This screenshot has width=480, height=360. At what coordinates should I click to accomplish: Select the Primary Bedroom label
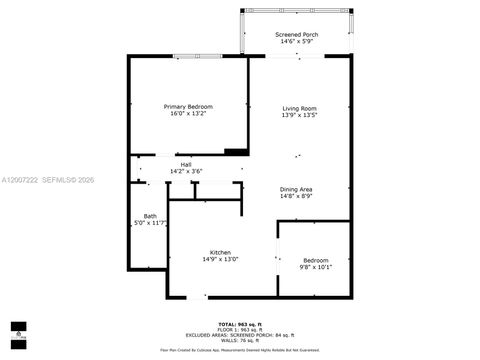tap(188, 106)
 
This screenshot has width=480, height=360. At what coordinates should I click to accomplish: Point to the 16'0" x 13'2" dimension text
tap(188, 114)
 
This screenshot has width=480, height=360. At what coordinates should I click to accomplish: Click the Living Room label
tap(299, 107)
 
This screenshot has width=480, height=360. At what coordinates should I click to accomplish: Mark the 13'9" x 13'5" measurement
tap(299, 115)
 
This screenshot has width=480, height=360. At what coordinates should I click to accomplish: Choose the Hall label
tap(185, 164)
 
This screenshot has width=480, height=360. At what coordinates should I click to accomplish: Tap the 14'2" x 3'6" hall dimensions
tap(185, 172)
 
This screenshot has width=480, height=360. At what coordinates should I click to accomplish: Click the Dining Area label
tap(296, 188)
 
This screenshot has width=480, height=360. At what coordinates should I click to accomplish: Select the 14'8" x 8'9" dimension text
tap(296, 196)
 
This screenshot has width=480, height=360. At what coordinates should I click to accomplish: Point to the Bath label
tap(149, 216)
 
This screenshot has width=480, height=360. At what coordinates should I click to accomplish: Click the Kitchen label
tap(220, 252)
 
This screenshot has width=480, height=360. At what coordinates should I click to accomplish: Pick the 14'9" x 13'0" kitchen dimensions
tap(220, 260)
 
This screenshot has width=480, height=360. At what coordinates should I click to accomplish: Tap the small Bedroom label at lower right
tap(315, 259)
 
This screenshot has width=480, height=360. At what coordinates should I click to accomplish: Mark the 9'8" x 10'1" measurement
tap(315, 267)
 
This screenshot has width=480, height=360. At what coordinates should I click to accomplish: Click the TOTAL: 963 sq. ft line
tap(239, 324)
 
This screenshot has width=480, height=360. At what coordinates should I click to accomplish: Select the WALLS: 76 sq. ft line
tap(239, 341)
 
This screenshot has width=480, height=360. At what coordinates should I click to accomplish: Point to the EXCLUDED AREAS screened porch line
tap(239, 335)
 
